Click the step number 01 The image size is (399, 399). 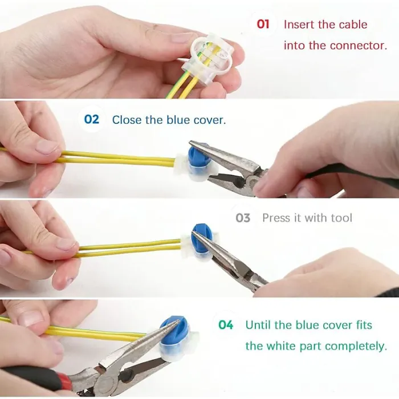pos(263,24)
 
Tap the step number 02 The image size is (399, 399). pos(92,119)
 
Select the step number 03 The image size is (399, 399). pos(243,218)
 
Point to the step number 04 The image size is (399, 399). pos(226,325)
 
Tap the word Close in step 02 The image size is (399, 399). pos(126,120)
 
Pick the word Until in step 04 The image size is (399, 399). pos(259,325)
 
